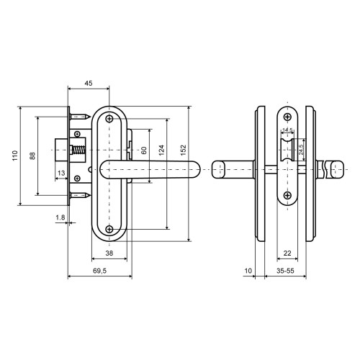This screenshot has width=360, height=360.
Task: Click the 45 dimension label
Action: click(89, 84)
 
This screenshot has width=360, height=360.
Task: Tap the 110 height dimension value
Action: click(15, 156)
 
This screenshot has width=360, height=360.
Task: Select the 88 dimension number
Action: click(32, 156)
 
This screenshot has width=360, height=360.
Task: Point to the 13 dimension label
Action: click(61, 173)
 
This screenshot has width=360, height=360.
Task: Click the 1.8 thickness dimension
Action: click(60, 217)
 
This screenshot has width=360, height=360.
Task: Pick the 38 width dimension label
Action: click(109, 253)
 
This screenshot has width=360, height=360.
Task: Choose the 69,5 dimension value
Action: click(99, 271)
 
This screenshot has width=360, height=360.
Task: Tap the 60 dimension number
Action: click(144, 150)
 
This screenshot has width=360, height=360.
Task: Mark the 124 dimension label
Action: click(161, 150)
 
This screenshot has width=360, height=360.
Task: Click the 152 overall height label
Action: click(183, 150)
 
